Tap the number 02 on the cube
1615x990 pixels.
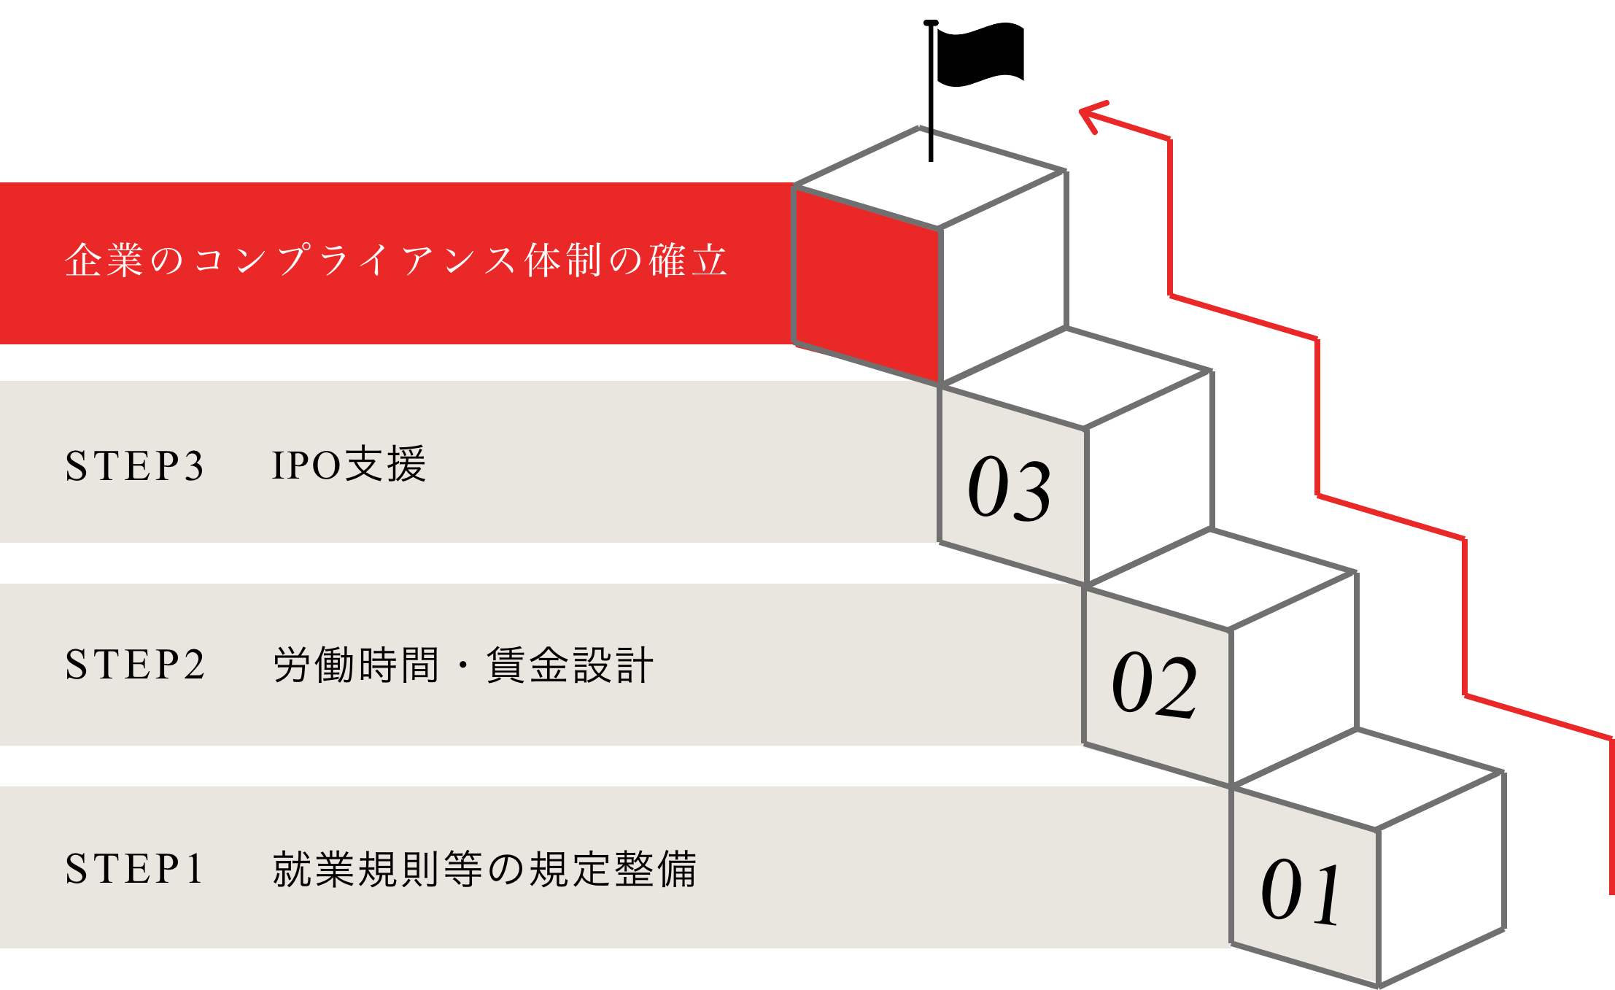pyautogui.click(x=1154, y=686)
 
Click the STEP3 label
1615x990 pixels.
pyautogui.click(x=135, y=466)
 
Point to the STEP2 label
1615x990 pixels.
pyautogui.click(x=136, y=665)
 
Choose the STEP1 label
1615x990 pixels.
pyautogui.click(x=134, y=869)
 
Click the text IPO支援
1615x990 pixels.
pyautogui.click(x=349, y=465)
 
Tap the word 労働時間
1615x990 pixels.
pyautogui.click(x=357, y=665)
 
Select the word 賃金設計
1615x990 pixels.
pyautogui.click(x=570, y=665)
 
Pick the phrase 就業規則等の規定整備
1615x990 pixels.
pyautogui.click(x=484, y=869)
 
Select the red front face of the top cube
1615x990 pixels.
pyautogui.click(x=867, y=285)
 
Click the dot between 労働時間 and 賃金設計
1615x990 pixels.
pyautogui.click(x=462, y=666)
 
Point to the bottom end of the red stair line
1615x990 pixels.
pyautogui.click(x=1611, y=892)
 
